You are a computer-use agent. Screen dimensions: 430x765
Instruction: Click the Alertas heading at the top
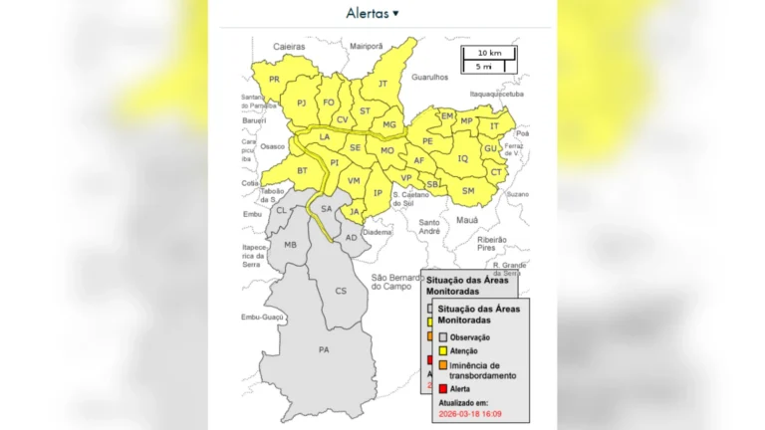pyautogui.click(x=372, y=13)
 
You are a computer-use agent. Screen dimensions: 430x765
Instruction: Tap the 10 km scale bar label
pyautogui.click(x=488, y=52)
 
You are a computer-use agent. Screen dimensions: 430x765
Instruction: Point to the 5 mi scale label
pyautogui.click(x=484, y=66)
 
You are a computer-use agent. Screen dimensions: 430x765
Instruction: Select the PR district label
pyautogui.click(x=274, y=80)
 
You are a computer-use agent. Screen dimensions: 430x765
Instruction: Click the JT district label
pyautogui.click(x=382, y=84)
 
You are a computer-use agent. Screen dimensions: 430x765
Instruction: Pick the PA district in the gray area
pyautogui.click(x=324, y=349)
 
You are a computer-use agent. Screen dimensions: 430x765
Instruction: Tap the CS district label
pyautogui.click(x=341, y=291)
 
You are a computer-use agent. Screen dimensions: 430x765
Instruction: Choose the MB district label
pyautogui.click(x=290, y=245)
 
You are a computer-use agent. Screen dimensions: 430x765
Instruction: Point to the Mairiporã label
pyautogui.click(x=366, y=46)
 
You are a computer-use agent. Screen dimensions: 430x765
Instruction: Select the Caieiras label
pyautogui.click(x=289, y=46)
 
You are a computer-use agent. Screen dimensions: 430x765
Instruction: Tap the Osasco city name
pyautogui.click(x=272, y=146)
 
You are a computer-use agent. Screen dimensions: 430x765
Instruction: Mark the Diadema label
pyautogui.click(x=377, y=232)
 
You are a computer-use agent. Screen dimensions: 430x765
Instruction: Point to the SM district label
pyautogui.click(x=468, y=190)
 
